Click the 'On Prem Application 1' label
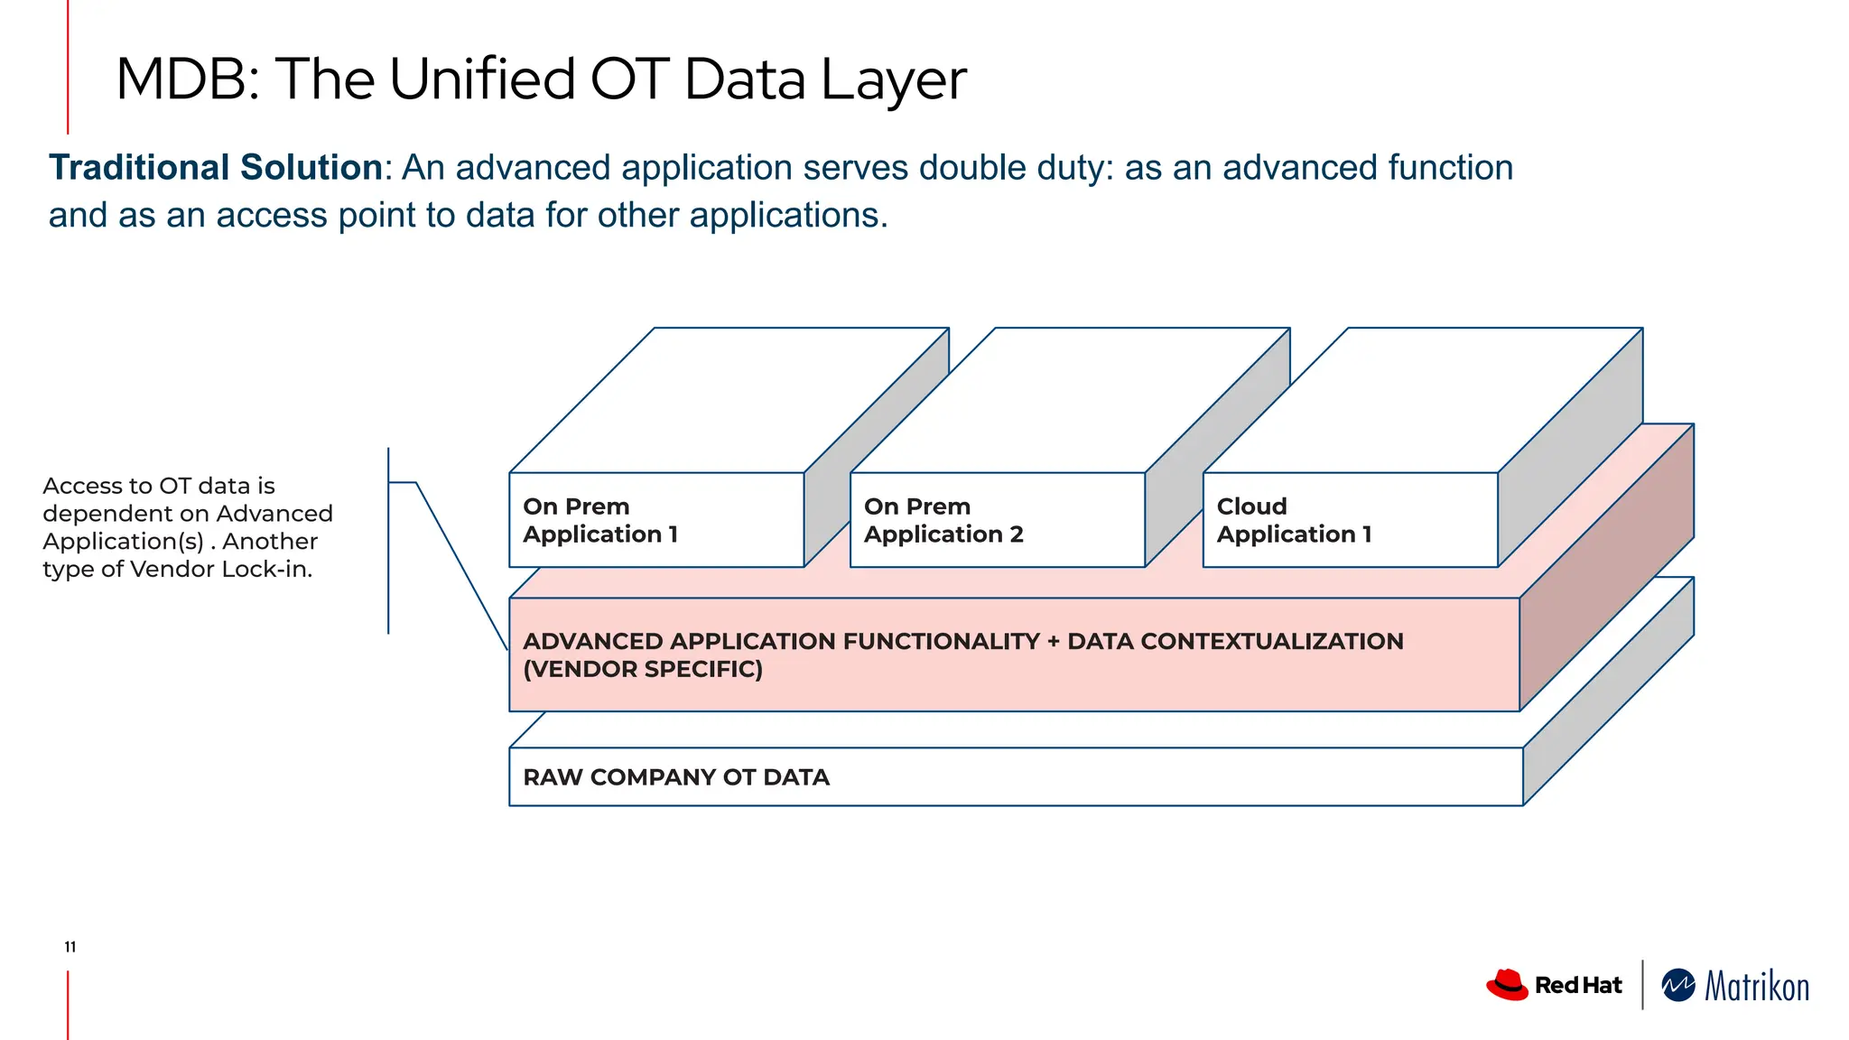600,520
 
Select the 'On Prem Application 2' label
943,520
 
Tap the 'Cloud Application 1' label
1294,520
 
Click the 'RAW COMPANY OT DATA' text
675,777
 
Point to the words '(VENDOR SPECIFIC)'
643,669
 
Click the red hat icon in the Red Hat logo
1506,984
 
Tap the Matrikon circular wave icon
1678,985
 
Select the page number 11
70,947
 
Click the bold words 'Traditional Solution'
216,168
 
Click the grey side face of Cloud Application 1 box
1571,451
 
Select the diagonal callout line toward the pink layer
460,564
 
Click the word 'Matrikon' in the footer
1756,987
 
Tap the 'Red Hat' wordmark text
1577,985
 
